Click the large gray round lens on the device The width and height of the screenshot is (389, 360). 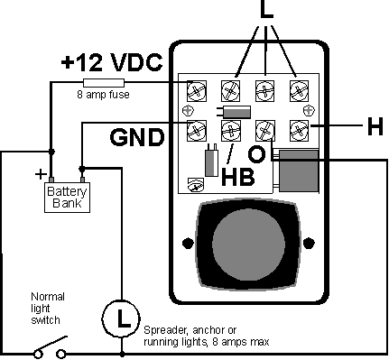tap(247, 243)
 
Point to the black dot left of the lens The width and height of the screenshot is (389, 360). tap(187, 242)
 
